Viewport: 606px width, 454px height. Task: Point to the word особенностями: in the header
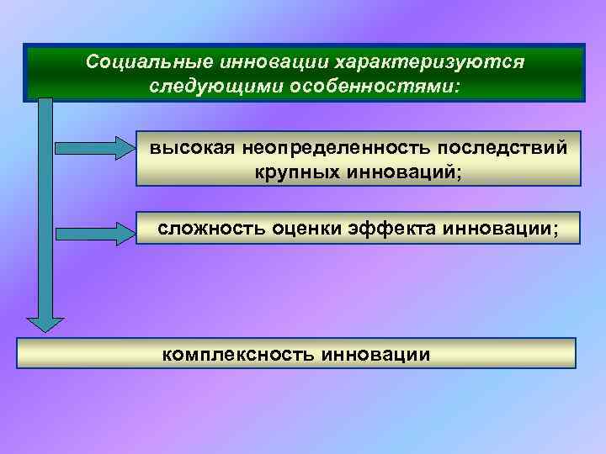click(x=376, y=87)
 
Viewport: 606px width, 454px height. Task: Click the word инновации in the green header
click(x=263, y=64)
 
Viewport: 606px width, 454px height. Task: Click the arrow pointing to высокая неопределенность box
click(x=93, y=147)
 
